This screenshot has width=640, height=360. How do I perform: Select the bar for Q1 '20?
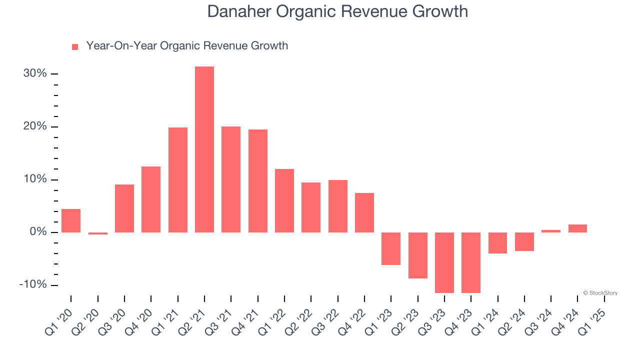71,220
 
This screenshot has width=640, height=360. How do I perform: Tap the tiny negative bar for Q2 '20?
98,233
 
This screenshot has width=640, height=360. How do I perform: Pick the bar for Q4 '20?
151,199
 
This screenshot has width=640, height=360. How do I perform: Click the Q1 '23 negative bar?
391,248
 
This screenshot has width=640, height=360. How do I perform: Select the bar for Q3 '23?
444,262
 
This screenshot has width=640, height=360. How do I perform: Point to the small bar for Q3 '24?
551,231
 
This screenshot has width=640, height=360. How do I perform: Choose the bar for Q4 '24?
577,228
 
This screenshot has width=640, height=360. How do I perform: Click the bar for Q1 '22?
284,200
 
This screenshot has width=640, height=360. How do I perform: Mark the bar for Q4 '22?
364,212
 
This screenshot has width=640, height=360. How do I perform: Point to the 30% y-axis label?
35,74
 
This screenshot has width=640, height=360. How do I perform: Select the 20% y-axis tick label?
35,126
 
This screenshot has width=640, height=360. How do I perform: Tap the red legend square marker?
75,47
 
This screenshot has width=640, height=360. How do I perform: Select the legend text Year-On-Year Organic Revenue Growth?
187,46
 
